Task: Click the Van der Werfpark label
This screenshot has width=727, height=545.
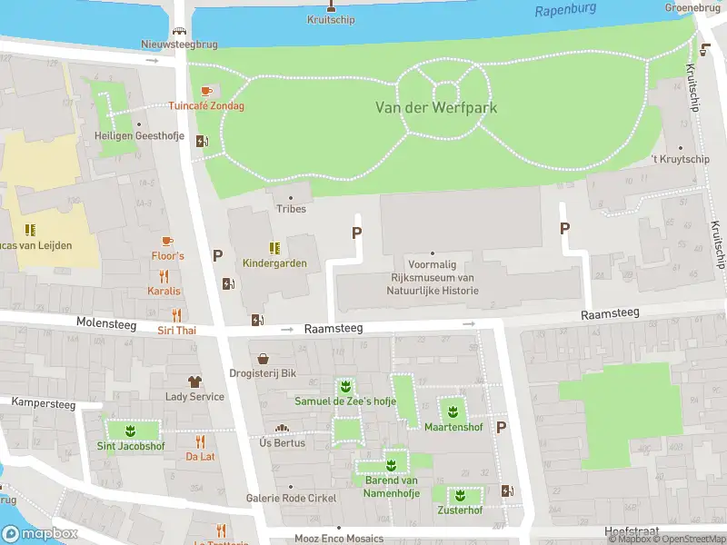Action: [x=436, y=107]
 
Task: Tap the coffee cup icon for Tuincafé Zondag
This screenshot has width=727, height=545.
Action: [x=206, y=91]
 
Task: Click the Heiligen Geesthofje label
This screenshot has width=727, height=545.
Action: [x=138, y=136]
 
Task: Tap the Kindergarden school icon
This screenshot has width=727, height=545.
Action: [x=274, y=248]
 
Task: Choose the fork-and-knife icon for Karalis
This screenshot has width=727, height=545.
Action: [x=164, y=276]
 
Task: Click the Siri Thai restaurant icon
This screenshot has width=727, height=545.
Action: [x=175, y=315]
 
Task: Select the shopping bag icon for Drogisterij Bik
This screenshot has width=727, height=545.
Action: [x=264, y=359]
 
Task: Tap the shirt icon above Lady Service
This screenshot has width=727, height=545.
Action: [x=194, y=381]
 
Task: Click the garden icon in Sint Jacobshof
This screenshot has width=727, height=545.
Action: [x=131, y=430]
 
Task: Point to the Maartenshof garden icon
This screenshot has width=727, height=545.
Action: [x=452, y=410]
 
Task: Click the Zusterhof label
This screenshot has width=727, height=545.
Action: [x=459, y=510]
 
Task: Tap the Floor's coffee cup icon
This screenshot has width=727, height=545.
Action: [x=167, y=241]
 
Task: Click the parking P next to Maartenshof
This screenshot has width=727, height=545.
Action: [x=501, y=427]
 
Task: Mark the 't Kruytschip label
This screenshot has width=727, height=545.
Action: [x=681, y=160]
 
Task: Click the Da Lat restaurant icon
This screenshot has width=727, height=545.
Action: [x=201, y=441]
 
